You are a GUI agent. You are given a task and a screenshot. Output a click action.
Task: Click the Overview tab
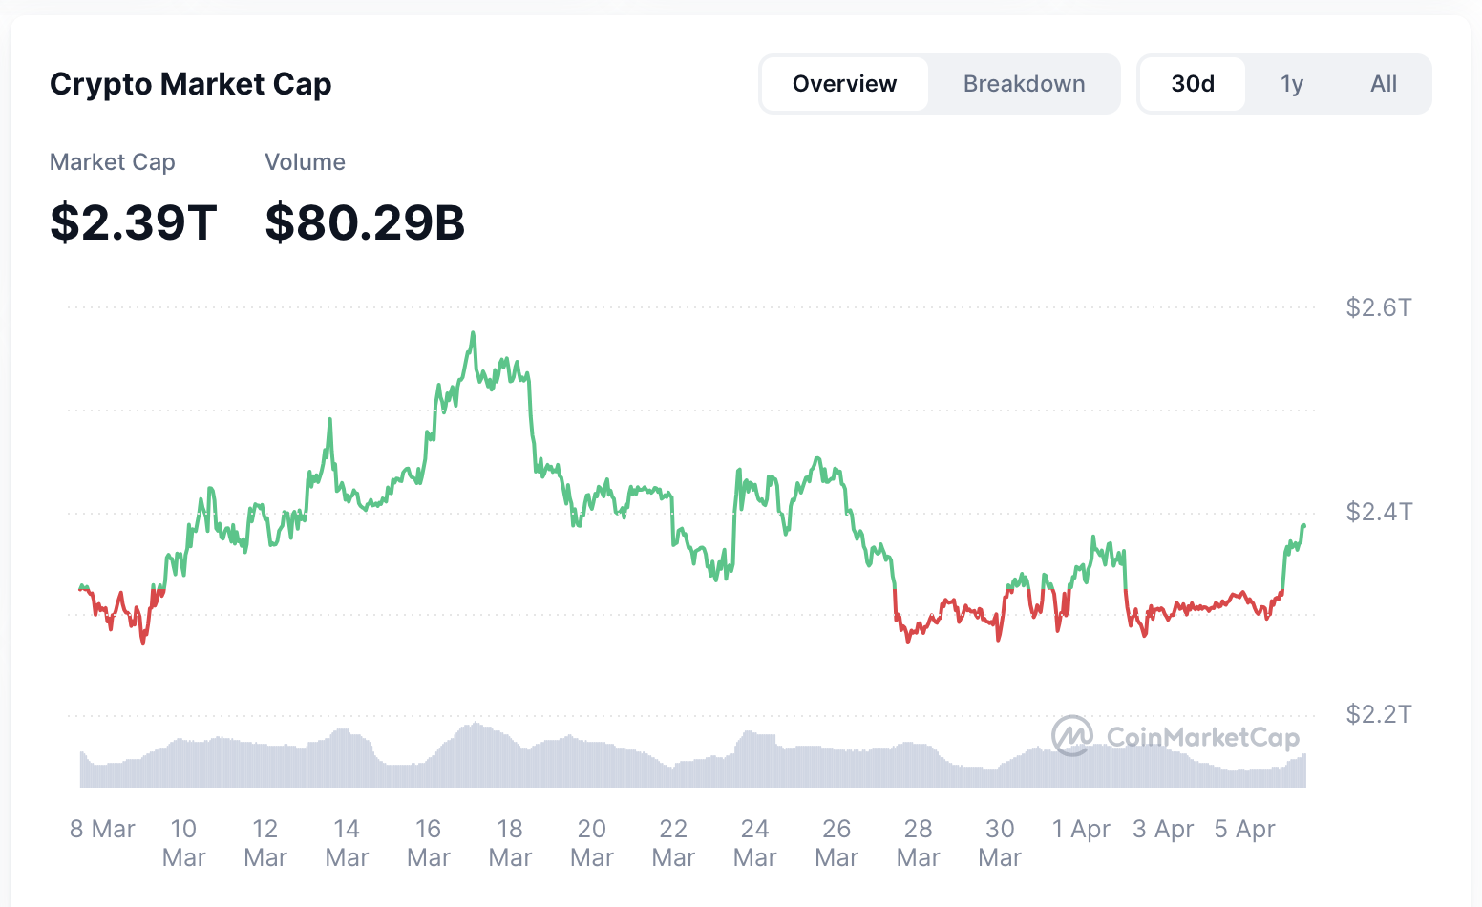tap(844, 84)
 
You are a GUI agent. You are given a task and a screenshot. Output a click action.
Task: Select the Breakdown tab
tap(1024, 84)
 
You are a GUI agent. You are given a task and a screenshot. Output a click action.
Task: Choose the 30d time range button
tap(1193, 84)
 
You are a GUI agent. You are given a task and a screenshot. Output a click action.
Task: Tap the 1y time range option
tap(1292, 84)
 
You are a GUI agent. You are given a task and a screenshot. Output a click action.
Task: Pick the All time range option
tap(1383, 84)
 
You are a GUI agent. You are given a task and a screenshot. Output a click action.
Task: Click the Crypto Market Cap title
tap(190, 84)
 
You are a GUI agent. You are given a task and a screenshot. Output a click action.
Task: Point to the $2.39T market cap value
tap(134, 221)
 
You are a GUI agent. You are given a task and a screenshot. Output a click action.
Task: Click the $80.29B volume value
tap(365, 221)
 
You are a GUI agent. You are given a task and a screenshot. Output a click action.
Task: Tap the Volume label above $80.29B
tap(305, 162)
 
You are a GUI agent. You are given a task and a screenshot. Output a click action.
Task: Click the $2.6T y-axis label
tap(1378, 307)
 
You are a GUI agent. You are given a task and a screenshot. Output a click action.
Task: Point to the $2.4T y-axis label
tap(1378, 512)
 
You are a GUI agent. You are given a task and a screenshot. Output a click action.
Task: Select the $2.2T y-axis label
tap(1378, 714)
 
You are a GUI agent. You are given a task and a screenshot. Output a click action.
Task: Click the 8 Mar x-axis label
tap(102, 829)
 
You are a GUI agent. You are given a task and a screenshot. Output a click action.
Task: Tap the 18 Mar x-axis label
tap(510, 842)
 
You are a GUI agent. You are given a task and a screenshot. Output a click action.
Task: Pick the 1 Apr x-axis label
tap(1081, 829)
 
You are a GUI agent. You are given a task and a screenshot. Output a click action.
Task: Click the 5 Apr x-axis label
tap(1244, 829)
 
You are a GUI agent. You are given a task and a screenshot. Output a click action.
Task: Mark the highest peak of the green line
tap(473, 333)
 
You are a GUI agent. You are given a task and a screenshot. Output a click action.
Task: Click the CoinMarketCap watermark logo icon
tap(1071, 736)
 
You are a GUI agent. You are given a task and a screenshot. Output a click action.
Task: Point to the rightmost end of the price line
tap(1304, 525)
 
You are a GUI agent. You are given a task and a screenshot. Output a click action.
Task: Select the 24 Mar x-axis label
tap(754, 842)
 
